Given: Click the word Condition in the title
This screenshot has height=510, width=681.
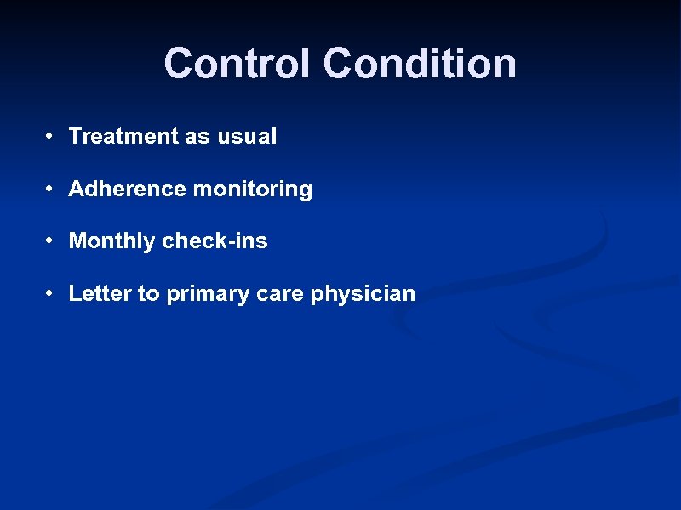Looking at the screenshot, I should pyautogui.click(x=420, y=64).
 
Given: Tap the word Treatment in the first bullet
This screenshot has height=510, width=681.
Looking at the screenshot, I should pyautogui.click(x=123, y=136).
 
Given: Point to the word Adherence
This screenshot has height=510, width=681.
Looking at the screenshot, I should pyautogui.click(x=128, y=189).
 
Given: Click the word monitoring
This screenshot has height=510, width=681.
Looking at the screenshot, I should pyautogui.click(x=253, y=190).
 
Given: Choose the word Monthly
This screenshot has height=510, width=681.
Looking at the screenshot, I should pyautogui.click(x=112, y=241).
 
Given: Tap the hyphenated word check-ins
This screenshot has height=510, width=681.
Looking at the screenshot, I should pyautogui.click(x=215, y=241).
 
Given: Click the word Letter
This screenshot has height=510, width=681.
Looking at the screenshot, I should pyautogui.click(x=100, y=294).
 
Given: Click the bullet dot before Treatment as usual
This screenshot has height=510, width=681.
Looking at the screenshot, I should pyautogui.click(x=52, y=136).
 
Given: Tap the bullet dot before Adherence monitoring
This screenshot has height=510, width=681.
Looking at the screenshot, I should pyautogui.click(x=52, y=189).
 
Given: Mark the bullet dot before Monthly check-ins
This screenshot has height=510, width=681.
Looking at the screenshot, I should pyautogui.click(x=52, y=241).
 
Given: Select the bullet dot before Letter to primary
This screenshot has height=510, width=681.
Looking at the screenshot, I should pyautogui.click(x=52, y=294).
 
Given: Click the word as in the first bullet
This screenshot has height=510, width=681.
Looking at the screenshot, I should pyautogui.click(x=194, y=136).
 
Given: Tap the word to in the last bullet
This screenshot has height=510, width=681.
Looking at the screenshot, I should pyautogui.click(x=148, y=294).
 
